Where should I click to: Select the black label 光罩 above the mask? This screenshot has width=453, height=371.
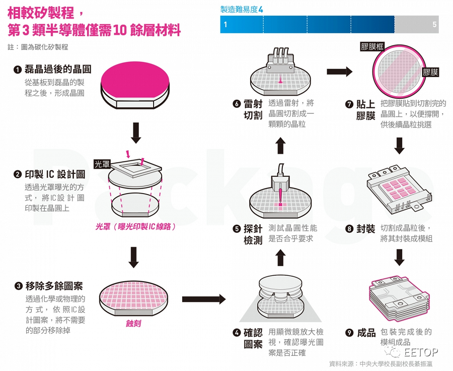(x=102, y=164)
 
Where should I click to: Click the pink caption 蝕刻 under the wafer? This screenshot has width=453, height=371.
(x=133, y=323)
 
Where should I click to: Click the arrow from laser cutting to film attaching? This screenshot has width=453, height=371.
(x=339, y=71)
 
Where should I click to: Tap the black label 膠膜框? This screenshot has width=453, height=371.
(x=372, y=47)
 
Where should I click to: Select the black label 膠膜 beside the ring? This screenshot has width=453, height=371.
(x=430, y=73)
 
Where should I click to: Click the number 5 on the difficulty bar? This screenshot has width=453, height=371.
(x=434, y=24)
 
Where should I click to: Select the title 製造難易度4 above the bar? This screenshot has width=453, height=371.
(x=242, y=9)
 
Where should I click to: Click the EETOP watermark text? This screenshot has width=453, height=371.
(x=422, y=352)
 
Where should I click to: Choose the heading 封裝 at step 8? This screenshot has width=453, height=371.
(x=366, y=229)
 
